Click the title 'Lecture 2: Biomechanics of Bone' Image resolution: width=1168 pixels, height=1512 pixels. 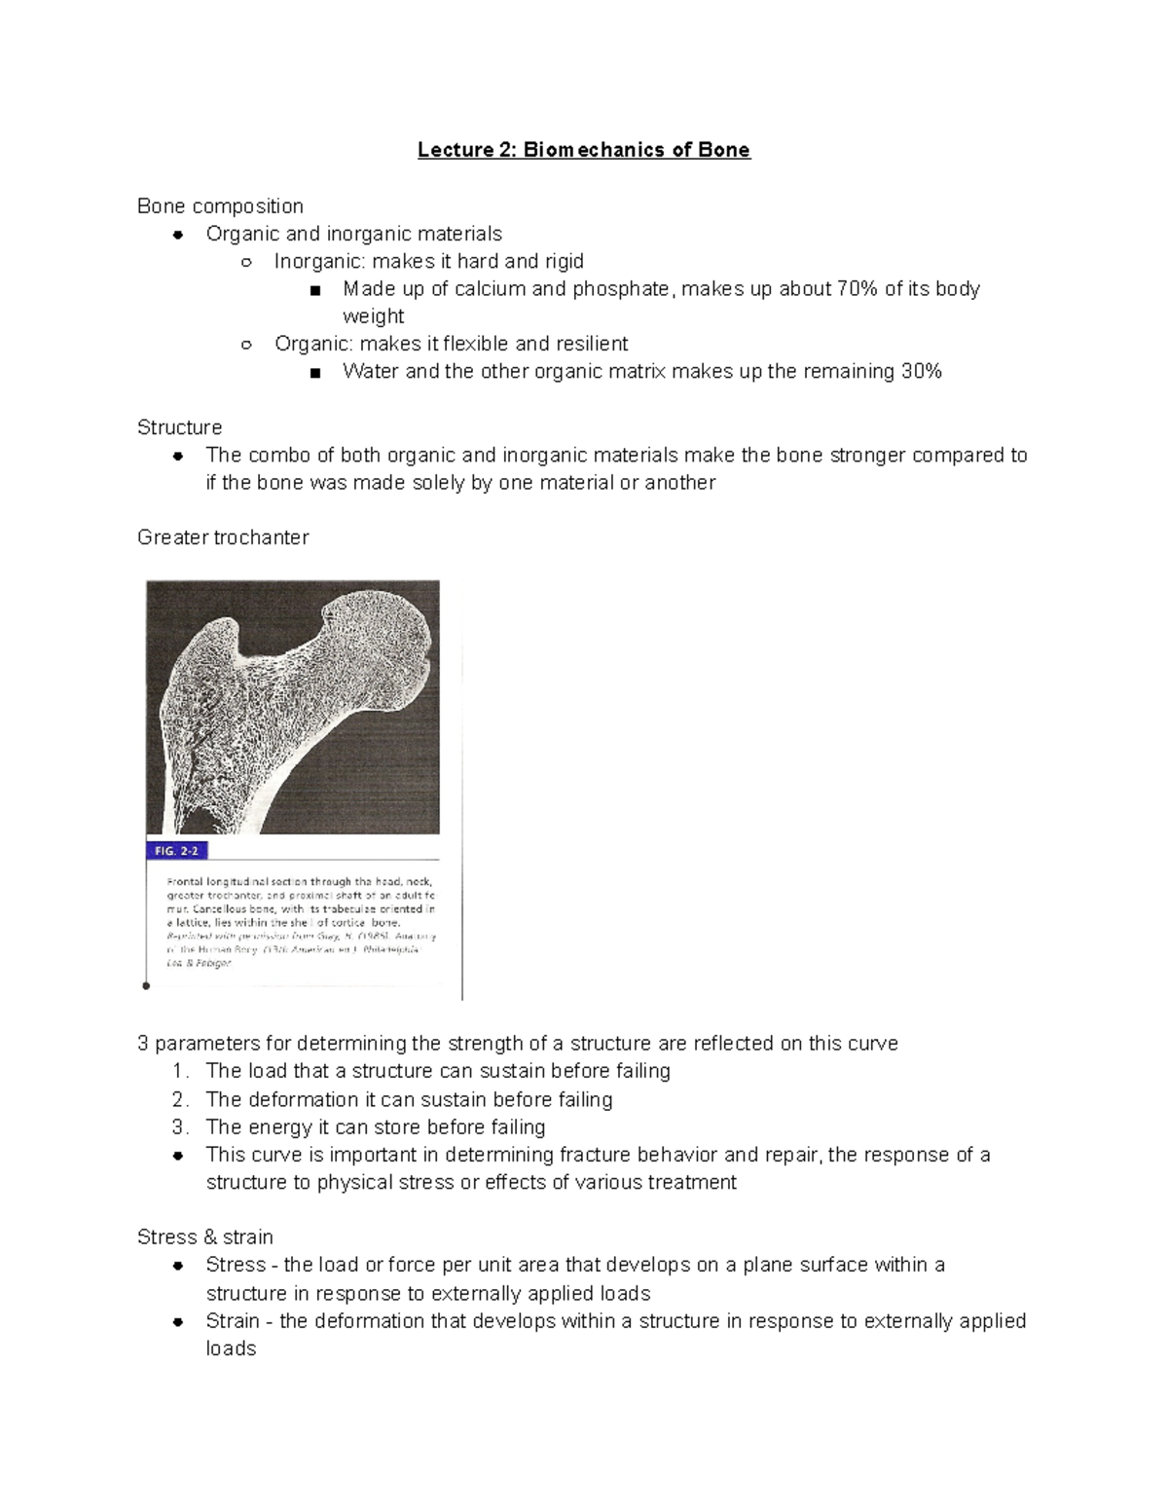pos(584,150)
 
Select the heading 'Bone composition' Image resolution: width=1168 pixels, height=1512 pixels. pos(220,206)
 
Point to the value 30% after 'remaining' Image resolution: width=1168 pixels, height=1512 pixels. pos(920,372)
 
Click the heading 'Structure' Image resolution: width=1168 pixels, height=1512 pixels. pos(179,427)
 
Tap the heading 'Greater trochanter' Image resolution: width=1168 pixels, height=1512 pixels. pos(223,537)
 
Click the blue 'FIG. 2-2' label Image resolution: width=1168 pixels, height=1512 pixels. pos(176,850)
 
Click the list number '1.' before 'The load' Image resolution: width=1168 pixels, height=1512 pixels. pos(181,1072)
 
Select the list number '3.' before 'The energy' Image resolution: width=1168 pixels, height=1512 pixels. pos(181,1127)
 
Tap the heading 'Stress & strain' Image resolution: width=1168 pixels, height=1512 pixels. pos(204,1237)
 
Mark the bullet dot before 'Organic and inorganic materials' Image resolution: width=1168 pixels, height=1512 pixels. pos(178,235)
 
